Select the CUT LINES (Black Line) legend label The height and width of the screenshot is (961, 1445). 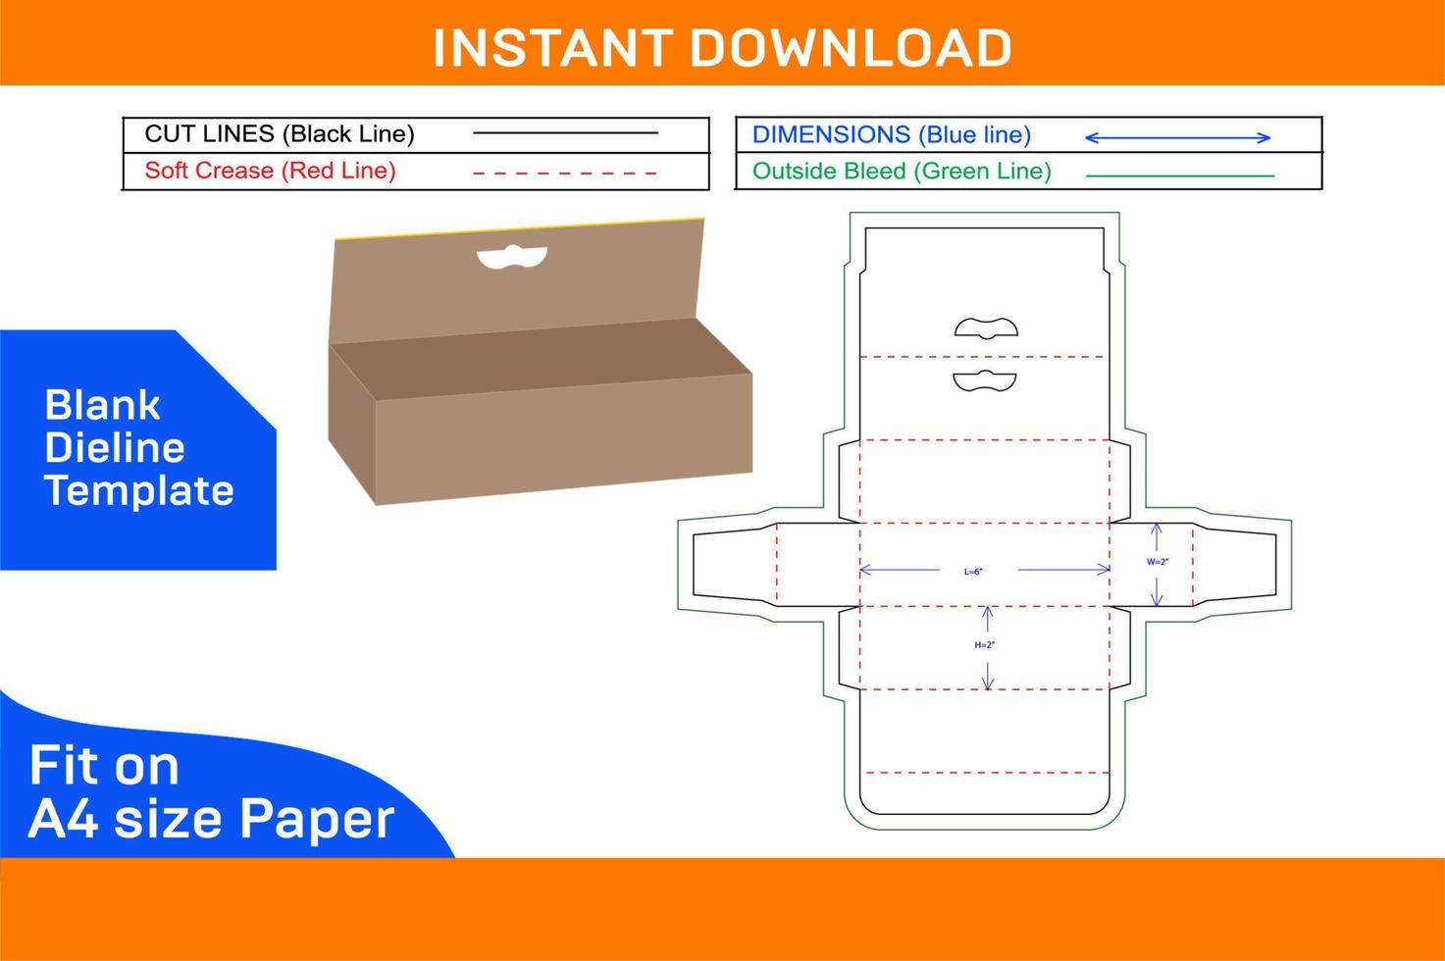point(280,134)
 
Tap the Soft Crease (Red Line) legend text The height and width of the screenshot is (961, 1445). point(270,171)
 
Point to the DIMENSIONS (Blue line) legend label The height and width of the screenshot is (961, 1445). point(891,135)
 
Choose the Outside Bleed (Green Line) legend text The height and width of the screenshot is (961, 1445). point(901,172)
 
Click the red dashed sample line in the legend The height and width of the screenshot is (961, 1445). point(565,174)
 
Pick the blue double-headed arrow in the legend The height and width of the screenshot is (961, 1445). point(1177,138)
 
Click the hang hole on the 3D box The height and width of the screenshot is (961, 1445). point(511,257)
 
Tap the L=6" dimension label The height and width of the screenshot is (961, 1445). point(973,571)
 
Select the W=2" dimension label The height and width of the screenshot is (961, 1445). point(1158,562)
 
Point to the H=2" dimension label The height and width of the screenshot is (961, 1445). point(985,645)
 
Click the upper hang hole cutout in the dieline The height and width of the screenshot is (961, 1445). point(986,328)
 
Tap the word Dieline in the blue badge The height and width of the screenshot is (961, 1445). point(115,448)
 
